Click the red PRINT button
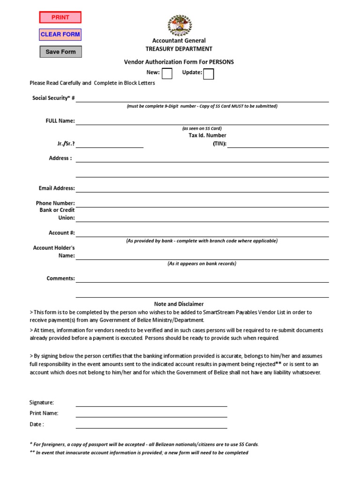pyautogui.click(x=60, y=17)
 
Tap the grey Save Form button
pyautogui.click(x=60, y=52)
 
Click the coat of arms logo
pyautogui.click(x=179, y=25)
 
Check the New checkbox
pyautogui.click(x=167, y=74)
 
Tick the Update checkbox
pyautogui.click(x=209, y=74)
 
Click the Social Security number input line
pyautogui.click(x=202, y=98)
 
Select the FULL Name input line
pyautogui.click(x=202, y=121)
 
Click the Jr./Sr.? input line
pyautogui.click(x=110, y=144)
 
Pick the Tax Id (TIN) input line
pyautogui.click(x=278, y=144)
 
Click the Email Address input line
pyautogui.click(x=202, y=188)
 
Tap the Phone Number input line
pyautogui.click(x=202, y=203)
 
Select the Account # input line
pyautogui.click(x=202, y=233)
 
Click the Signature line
pyautogui.click(x=151, y=403)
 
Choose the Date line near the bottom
pyautogui.click(x=151, y=425)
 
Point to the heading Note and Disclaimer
pyautogui.click(x=179, y=304)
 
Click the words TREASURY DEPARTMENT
pyautogui.click(x=179, y=49)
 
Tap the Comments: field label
pyautogui.click(x=60, y=278)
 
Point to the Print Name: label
pyautogui.click(x=44, y=413)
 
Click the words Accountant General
pyautogui.click(x=179, y=41)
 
